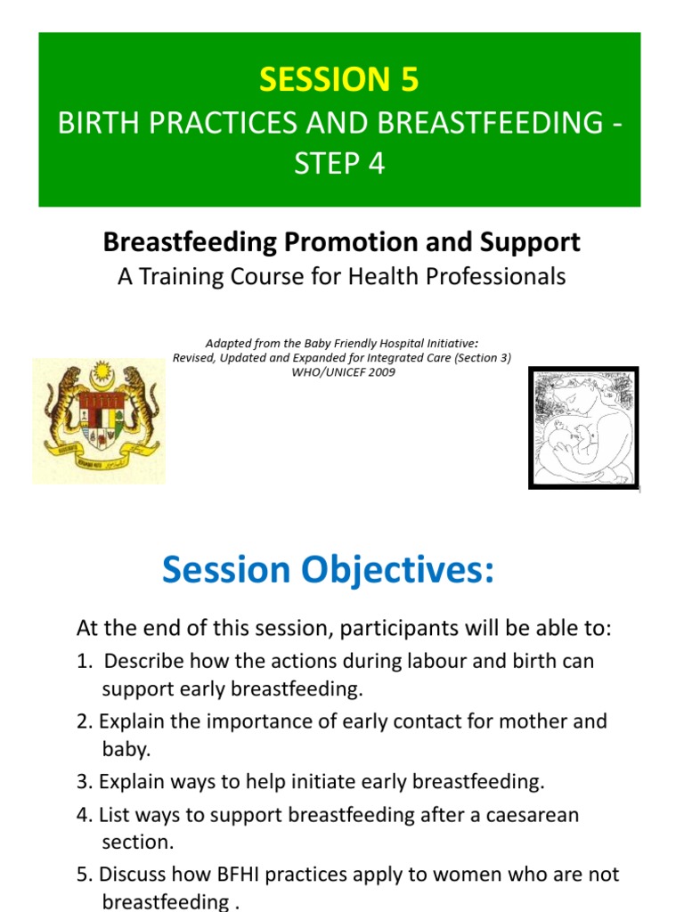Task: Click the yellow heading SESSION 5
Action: click(338, 80)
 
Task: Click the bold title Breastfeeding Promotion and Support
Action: click(341, 241)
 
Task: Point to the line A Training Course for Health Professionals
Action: click(341, 277)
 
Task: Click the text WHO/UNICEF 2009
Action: click(341, 372)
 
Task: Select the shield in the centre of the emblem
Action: click(98, 419)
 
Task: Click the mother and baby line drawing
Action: click(583, 427)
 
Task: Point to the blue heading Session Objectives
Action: click(327, 570)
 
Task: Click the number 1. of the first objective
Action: click(85, 662)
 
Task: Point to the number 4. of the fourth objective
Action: click(84, 815)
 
